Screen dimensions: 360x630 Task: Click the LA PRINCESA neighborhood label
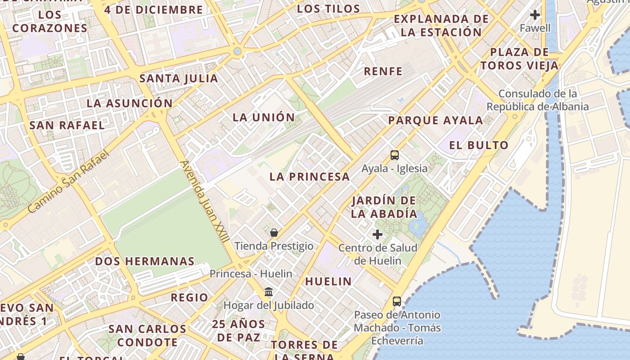point(310,177)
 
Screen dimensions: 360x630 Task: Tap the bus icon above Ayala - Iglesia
point(395,155)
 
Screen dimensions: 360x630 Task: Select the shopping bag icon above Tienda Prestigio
point(274,233)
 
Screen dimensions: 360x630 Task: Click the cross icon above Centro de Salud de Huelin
point(378,234)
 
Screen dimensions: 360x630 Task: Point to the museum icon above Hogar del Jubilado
point(269,292)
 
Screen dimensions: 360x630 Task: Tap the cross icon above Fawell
point(535,15)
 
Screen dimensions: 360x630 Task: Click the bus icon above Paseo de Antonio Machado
point(396,301)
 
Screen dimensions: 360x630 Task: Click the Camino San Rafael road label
point(68,182)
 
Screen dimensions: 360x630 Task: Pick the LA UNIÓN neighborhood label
point(264,117)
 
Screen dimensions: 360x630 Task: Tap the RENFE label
point(383,71)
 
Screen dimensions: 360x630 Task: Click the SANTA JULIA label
point(179,78)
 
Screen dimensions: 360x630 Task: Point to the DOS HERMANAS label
point(144,261)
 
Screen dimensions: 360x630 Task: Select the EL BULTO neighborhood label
point(479,145)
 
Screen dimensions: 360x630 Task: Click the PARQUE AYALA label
point(435,120)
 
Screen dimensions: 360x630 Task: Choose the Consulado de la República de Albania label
point(537,100)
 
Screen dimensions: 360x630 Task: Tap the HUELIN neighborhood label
point(328,282)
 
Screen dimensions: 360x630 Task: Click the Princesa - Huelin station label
point(251,274)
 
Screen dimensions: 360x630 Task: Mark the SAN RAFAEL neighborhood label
point(67,125)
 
